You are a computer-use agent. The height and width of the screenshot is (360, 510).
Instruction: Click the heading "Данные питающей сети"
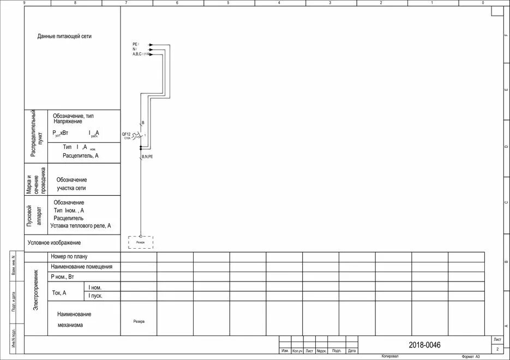64,37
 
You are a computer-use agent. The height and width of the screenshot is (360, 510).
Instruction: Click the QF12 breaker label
126,134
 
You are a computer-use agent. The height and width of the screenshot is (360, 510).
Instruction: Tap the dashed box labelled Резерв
141,242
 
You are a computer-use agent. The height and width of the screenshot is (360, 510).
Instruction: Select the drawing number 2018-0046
424,345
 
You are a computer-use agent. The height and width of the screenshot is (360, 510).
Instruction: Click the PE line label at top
135,44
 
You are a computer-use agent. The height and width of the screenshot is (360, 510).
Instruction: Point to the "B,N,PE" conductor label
147,157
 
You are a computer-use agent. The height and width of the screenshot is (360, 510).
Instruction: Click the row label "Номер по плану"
69,256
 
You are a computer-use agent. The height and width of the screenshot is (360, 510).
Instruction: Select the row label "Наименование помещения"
81,267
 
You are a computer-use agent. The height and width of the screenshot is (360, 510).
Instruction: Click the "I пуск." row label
95,296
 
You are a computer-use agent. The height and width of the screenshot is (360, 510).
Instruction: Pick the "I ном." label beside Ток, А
95,287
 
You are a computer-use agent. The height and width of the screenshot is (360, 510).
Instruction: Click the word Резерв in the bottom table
139,321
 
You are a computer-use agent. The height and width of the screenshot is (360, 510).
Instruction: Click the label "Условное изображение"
54,243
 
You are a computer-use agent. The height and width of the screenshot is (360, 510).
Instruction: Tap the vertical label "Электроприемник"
36,290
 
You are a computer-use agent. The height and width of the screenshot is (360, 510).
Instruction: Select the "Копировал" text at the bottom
390,356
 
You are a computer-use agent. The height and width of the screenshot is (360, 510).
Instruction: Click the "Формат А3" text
470,356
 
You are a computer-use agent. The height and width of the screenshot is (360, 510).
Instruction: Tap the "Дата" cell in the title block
352,351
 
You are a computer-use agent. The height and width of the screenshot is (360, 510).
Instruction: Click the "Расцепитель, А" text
81,155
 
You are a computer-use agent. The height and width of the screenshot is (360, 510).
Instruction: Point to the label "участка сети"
71,188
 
